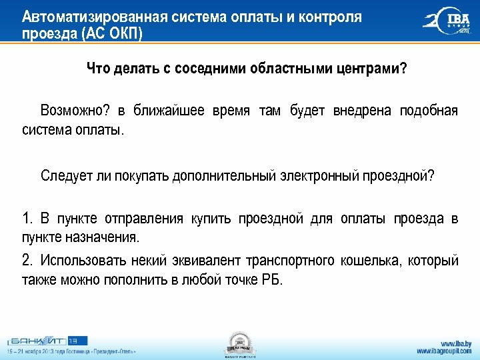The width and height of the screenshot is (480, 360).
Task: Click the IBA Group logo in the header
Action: click(447, 23)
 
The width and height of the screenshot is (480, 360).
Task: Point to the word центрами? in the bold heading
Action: click(374, 70)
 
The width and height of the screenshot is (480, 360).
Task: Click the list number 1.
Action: click(27, 219)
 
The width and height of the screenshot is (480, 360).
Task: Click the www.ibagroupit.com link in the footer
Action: click(443, 351)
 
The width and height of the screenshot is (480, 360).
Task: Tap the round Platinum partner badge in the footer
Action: click(239, 344)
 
